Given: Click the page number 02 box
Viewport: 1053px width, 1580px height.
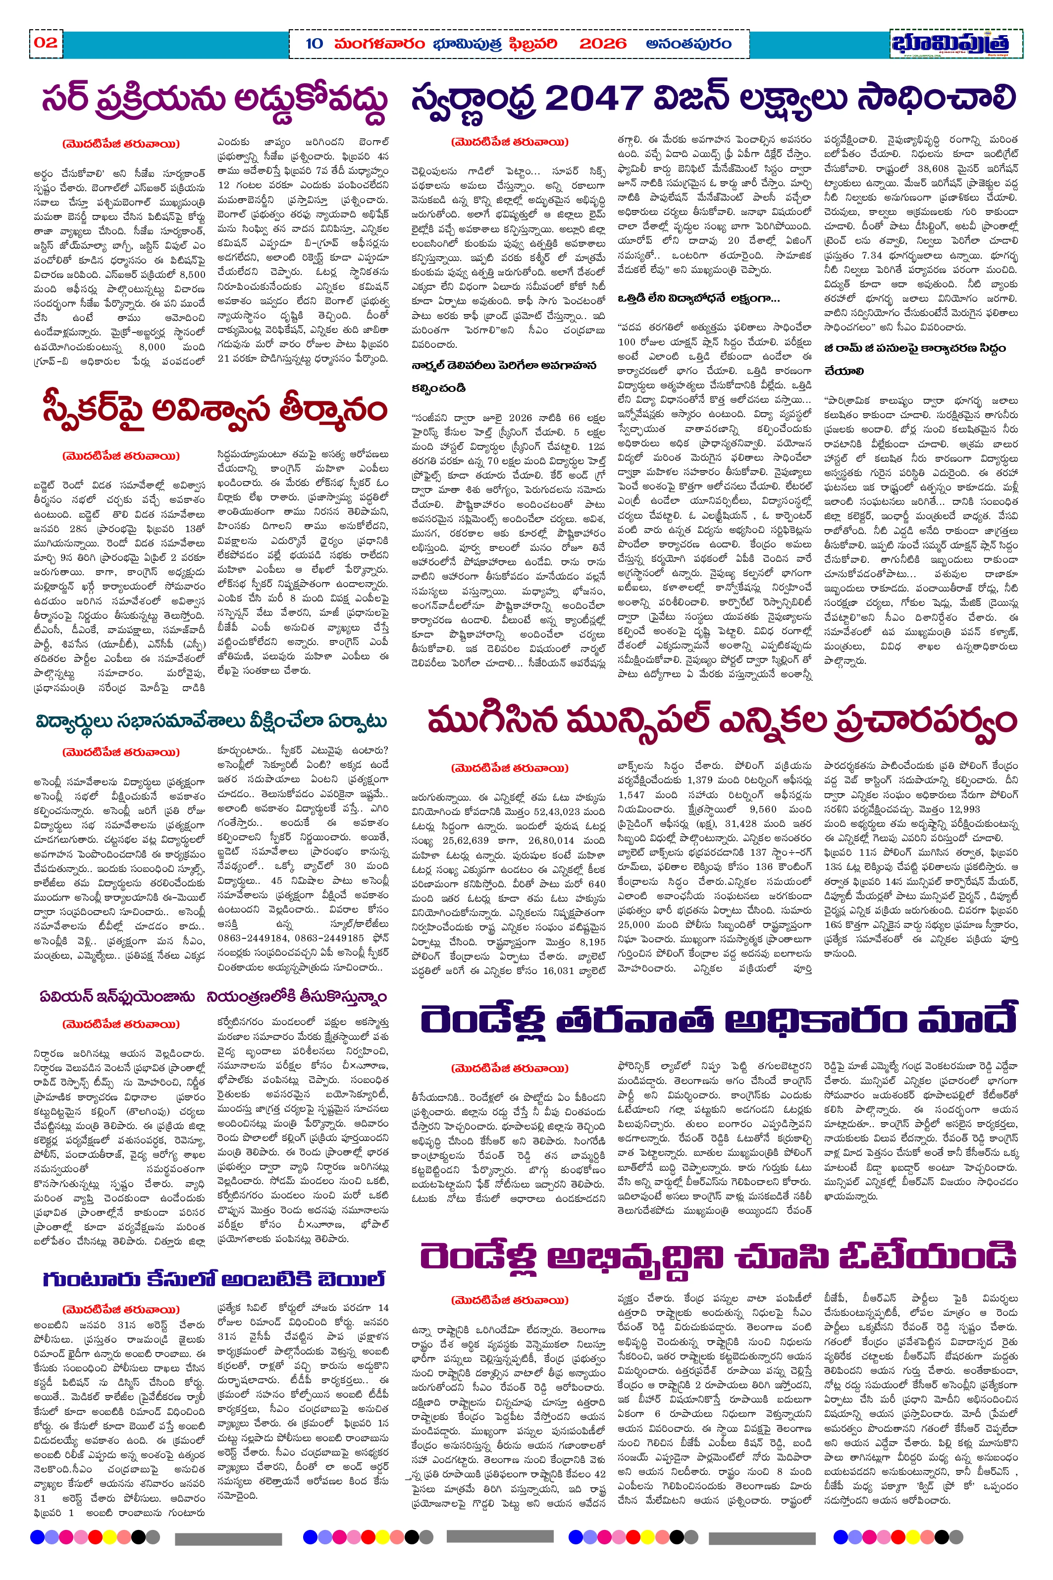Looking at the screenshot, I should [x=46, y=43].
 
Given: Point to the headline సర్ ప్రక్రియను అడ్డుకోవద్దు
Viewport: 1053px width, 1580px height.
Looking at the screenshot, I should [x=215, y=101].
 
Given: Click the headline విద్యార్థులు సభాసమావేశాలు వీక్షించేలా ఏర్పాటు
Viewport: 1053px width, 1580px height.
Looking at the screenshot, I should [x=211, y=721].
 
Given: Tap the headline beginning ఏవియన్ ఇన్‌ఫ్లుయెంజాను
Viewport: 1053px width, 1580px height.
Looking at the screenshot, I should [x=117, y=997].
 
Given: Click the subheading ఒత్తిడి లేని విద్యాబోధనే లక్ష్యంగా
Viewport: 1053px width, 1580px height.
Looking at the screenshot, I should [x=698, y=298].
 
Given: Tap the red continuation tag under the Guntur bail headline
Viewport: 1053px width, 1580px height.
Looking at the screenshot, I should [x=121, y=1309].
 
